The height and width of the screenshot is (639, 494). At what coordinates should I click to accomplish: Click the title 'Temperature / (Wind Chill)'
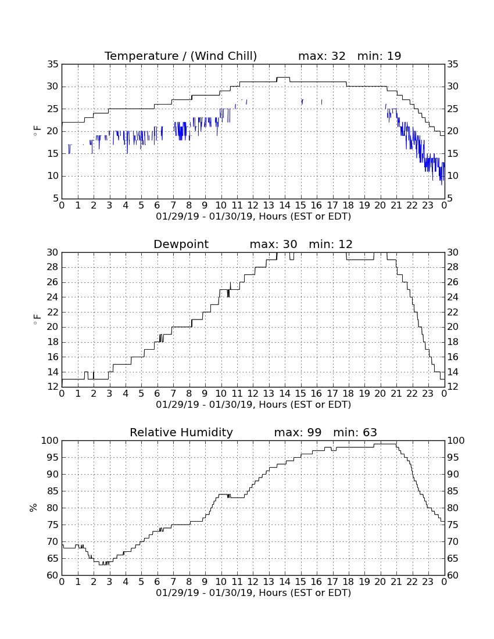181,56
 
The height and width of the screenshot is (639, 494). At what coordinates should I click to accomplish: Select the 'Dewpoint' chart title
181,244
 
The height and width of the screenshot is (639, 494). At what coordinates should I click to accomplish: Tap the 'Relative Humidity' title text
181,432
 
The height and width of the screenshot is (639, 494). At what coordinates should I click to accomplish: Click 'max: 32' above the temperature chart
322,56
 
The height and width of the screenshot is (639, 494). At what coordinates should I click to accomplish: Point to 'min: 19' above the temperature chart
380,56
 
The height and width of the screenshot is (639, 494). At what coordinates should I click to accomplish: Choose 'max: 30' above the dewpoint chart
274,244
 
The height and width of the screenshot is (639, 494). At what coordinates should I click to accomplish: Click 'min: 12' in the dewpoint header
331,244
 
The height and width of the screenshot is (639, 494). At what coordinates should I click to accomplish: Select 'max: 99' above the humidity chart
298,432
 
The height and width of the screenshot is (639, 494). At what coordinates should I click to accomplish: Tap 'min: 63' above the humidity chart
355,432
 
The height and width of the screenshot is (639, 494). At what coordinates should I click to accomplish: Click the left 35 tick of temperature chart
53,64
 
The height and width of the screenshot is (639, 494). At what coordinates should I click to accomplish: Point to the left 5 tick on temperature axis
56,199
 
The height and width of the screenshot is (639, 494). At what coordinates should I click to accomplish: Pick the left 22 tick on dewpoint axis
53,312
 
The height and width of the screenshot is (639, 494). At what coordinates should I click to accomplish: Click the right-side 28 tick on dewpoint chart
453,267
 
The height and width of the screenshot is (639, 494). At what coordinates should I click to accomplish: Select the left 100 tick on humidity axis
50,440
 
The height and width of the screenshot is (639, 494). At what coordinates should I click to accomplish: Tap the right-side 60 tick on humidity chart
453,575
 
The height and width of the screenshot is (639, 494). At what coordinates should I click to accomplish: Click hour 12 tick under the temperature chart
253,206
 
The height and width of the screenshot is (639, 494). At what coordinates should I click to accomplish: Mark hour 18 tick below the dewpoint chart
349,394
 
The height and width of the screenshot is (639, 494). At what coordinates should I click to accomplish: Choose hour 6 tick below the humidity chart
157,582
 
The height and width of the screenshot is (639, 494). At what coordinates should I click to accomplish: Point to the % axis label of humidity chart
34,507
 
